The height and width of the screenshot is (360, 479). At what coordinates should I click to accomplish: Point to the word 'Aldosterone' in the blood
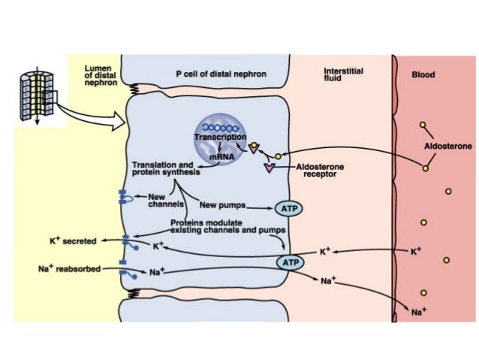(x=448, y=147)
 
